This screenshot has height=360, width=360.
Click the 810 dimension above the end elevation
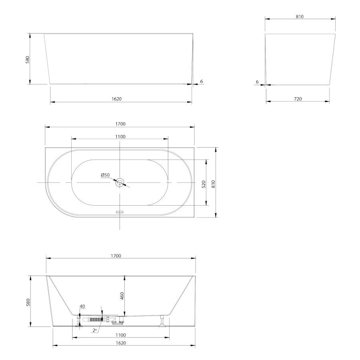300,16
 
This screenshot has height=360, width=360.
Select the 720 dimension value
298,99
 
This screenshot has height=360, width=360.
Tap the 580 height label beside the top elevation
28,60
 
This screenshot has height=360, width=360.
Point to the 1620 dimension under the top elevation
116,99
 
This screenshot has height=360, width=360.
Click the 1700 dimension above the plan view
120,124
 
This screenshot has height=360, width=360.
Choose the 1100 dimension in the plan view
120,137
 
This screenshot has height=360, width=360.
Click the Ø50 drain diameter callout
105,175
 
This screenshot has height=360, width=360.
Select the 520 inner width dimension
204,184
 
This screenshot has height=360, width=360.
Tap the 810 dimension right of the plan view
213,184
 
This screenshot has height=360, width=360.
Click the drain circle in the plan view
120,182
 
